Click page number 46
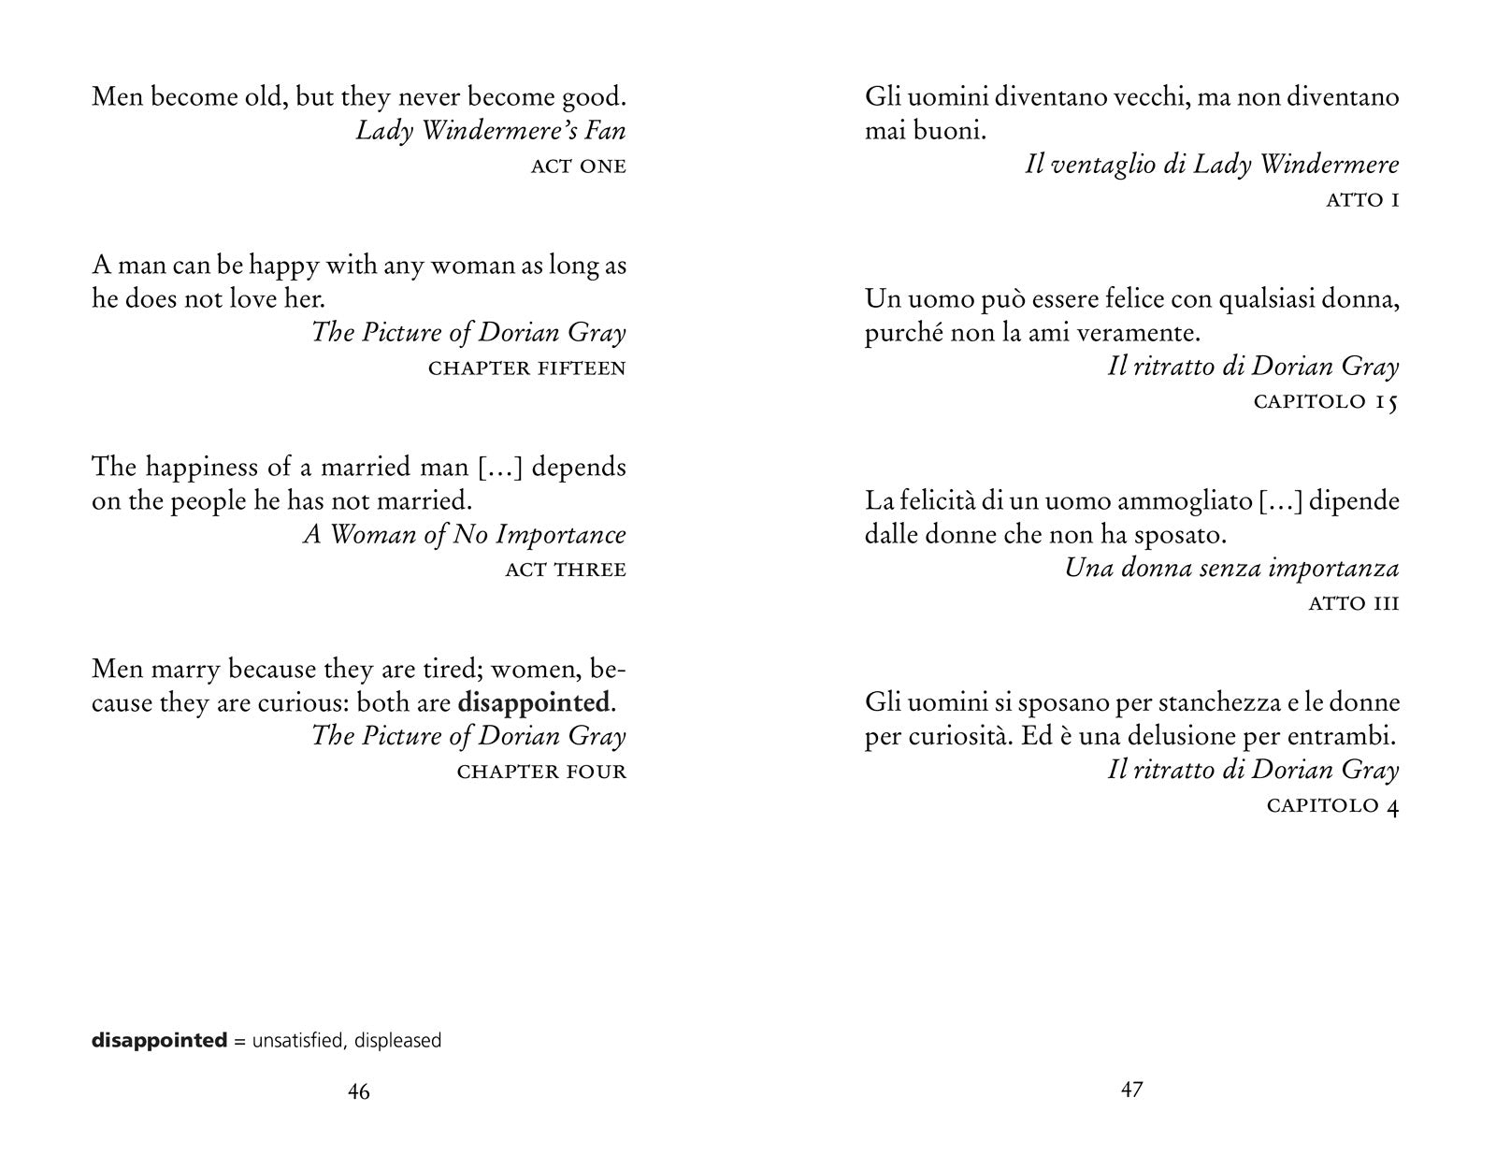358,1091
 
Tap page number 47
1131,1090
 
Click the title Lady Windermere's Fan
490,131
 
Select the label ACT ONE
578,166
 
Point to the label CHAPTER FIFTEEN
526,368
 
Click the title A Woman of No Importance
464,535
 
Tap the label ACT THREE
565,570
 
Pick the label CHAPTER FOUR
541,772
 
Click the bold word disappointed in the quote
533,702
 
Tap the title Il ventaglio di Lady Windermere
1212,166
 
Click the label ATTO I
1362,200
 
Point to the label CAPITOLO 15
1325,402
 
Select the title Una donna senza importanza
1231,569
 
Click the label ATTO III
1353,603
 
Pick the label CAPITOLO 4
1332,806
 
